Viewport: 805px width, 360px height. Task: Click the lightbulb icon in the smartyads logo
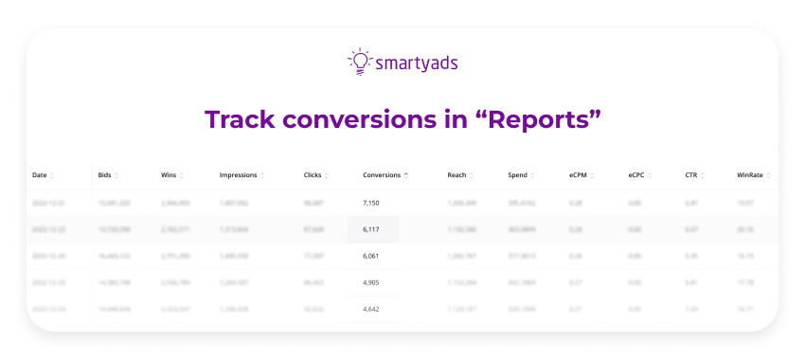[359, 62]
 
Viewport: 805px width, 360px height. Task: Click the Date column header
[40, 175]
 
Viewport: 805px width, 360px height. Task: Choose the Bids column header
[104, 175]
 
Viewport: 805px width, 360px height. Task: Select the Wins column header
[170, 175]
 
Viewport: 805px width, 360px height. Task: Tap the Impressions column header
[239, 175]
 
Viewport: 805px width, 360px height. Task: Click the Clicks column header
[313, 175]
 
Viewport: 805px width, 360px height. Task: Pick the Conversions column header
[382, 175]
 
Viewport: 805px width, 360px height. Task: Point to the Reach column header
[456, 175]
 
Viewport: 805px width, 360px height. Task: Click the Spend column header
[518, 175]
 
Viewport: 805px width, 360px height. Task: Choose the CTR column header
[691, 175]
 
